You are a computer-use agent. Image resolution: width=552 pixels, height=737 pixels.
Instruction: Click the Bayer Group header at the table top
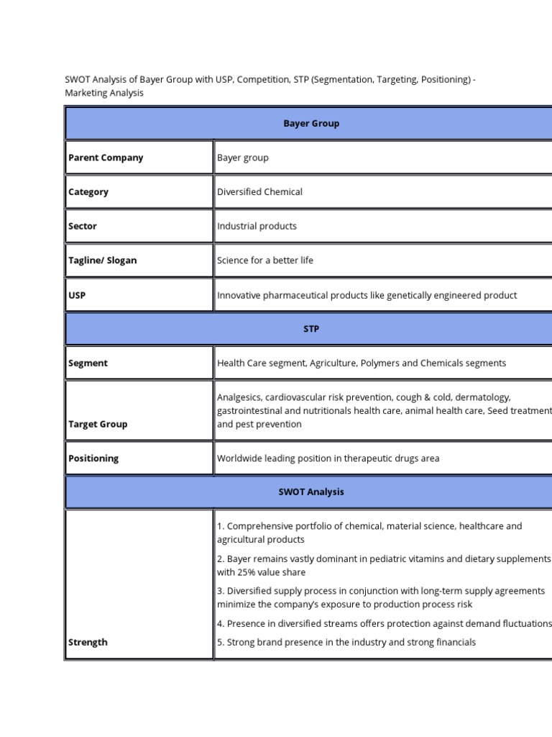pyautogui.click(x=310, y=123)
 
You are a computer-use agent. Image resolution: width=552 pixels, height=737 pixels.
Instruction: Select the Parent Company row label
pyautogui.click(x=106, y=158)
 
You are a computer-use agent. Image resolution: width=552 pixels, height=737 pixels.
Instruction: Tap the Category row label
pyautogui.click(x=88, y=192)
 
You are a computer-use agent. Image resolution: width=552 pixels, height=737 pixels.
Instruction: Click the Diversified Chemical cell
pyautogui.click(x=259, y=192)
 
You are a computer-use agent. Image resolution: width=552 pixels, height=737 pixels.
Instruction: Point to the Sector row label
pyautogui.click(x=83, y=226)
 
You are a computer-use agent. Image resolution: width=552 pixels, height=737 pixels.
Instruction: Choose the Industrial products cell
pyautogui.click(x=257, y=226)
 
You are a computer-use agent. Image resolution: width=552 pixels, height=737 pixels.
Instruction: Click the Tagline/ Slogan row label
pyautogui.click(x=102, y=261)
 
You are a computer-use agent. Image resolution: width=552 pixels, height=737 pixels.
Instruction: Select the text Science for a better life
pyautogui.click(x=265, y=261)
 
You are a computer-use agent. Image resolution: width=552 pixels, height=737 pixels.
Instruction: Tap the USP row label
pyautogui.click(x=77, y=295)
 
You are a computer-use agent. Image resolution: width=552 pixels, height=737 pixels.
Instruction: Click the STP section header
pyautogui.click(x=310, y=329)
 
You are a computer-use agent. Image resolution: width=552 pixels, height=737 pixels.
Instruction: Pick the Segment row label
pyautogui.click(x=88, y=363)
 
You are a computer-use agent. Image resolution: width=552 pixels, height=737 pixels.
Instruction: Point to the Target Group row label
pyautogui.click(x=98, y=425)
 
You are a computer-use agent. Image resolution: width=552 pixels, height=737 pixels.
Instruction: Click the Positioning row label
pyautogui.click(x=93, y=458)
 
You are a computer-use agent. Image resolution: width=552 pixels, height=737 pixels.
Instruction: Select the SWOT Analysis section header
pyautogui.click(x=310, y=492)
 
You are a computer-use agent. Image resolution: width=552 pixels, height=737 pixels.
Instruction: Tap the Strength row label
pyautogui.click(x=88, y=642)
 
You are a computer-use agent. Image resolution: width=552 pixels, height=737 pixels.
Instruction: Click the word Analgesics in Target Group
pyautogui.click(x=239, y=397)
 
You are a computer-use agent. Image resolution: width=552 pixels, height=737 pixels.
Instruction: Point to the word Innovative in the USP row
pyautogui.click(x=241, y=295)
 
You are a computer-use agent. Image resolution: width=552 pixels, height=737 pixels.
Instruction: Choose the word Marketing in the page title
pyautogui.click(x=86, y=93)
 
